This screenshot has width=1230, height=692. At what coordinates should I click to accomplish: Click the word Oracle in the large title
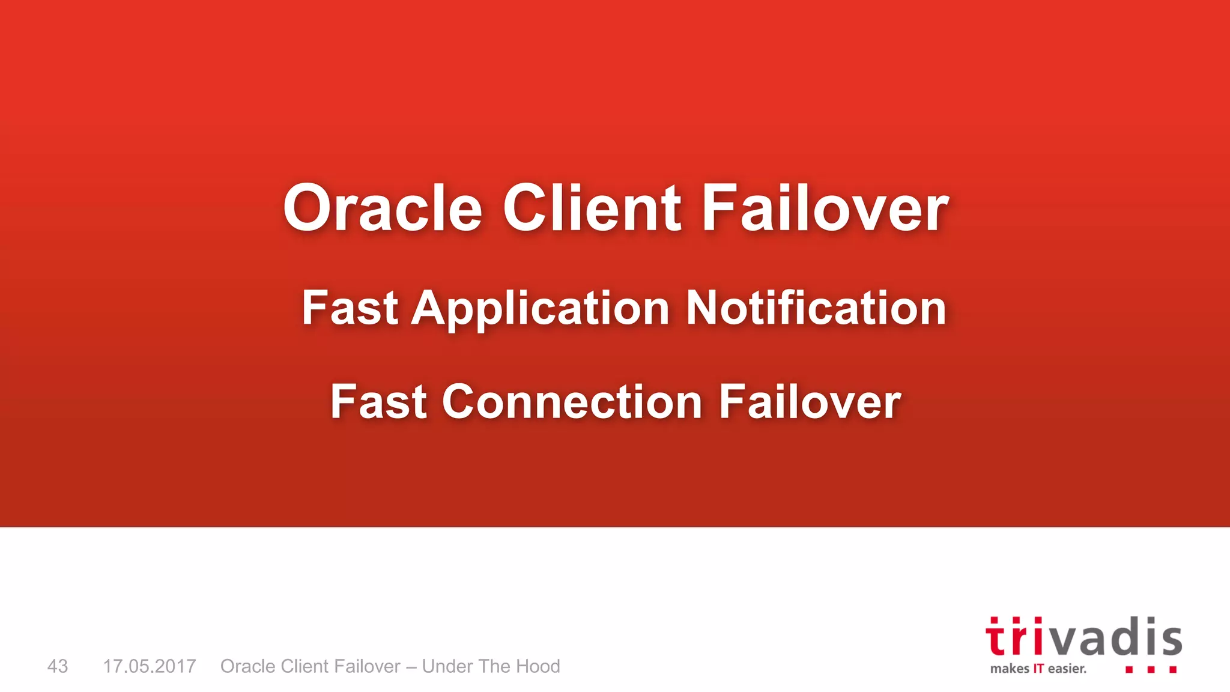[383, 208]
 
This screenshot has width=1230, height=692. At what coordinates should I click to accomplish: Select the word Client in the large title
[592, 208]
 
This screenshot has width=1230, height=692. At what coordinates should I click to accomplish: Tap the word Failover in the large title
[825, 208]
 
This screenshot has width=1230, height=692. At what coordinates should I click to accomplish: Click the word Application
[540, 309]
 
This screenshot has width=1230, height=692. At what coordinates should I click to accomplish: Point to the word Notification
[816, 308]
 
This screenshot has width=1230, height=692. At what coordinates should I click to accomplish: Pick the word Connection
[572, 402]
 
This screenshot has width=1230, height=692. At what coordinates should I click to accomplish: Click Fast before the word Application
[350, 308]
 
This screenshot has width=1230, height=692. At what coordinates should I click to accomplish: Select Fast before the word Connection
[378, 402]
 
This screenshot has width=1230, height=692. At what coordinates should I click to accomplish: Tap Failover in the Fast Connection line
[810, 402]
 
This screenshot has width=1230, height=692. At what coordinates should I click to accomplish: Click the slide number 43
[58, 666]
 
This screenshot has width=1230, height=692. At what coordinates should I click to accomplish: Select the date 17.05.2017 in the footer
[150, 666]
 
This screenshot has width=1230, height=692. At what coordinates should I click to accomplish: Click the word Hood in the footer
[538, 666]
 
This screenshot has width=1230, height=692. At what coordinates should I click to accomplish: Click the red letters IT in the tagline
[1038, 669]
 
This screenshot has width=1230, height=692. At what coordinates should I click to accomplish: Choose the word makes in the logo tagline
[1010, 669]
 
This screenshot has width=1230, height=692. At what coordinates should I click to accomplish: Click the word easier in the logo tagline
[1067, 669]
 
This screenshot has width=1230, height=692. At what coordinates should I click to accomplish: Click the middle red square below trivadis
[1151, 669]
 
